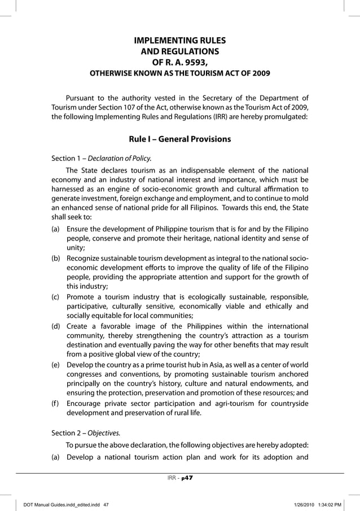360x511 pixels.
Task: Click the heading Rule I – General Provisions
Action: pos(179,139)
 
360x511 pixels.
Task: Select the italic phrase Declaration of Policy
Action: pos(123,158)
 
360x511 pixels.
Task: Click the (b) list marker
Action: pos(56,258)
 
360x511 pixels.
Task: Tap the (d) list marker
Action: pos(56,326)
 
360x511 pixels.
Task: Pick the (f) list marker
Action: pos(56,403)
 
